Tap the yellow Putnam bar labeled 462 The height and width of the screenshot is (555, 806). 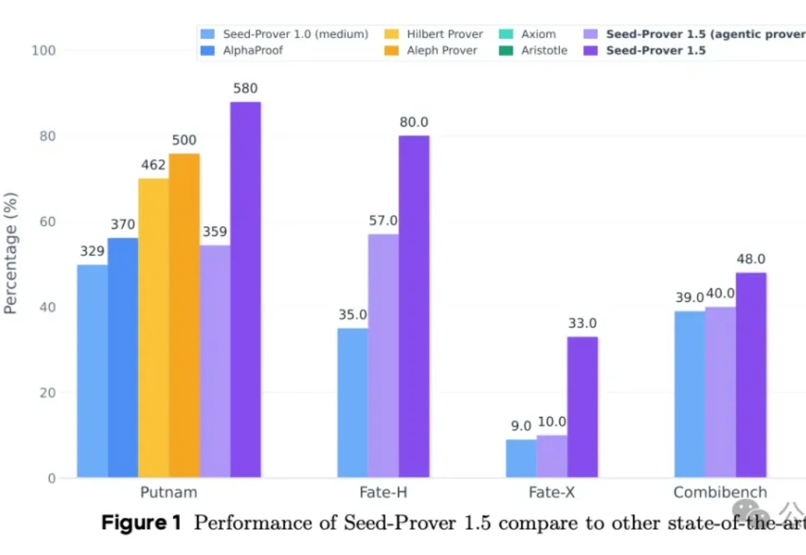click(x=154, y=328)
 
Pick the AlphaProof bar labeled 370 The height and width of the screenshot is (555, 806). click(x=123, y=358)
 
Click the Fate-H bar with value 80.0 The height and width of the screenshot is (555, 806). click(x=414, y=306)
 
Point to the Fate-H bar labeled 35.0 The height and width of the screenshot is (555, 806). click(x=352, y=403)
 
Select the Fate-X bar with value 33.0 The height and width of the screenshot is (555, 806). click(x=582, y=407)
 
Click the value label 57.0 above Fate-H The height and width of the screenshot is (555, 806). click(x=383, y=221)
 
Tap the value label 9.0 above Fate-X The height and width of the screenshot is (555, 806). click(x=521, y=426)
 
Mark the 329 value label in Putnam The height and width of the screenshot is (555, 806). click(x=93, y=251)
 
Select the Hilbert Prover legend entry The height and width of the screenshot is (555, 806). click(x=445, y=34)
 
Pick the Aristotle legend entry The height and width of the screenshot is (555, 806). click(x=544, y=51)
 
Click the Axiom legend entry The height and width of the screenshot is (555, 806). click(x=538, y=34)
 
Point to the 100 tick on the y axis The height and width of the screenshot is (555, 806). click(x=45, y=51)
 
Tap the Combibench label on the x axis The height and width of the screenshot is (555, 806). click(x=720, y=493)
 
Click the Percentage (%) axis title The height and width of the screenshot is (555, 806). click(x=10, y=254)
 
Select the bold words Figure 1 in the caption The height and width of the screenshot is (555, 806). click(x=141, y=523)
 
